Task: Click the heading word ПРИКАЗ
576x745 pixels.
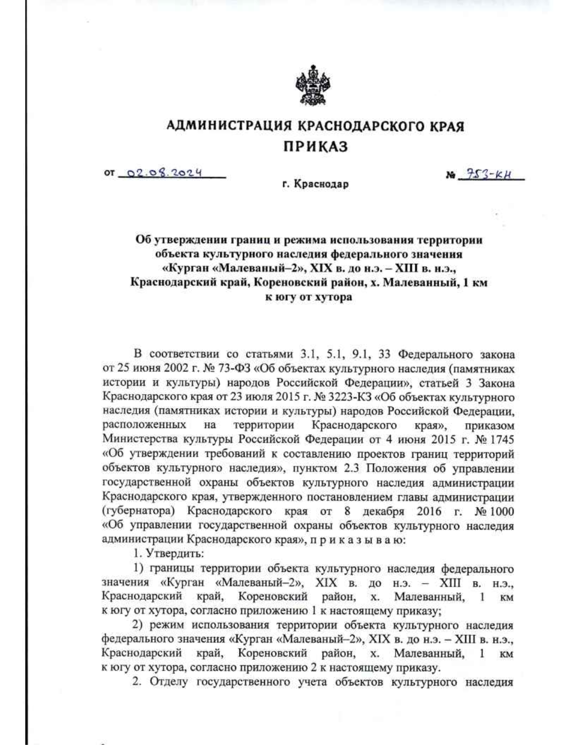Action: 314,146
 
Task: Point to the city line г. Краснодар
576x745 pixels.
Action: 314,184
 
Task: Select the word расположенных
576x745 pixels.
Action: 144,425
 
